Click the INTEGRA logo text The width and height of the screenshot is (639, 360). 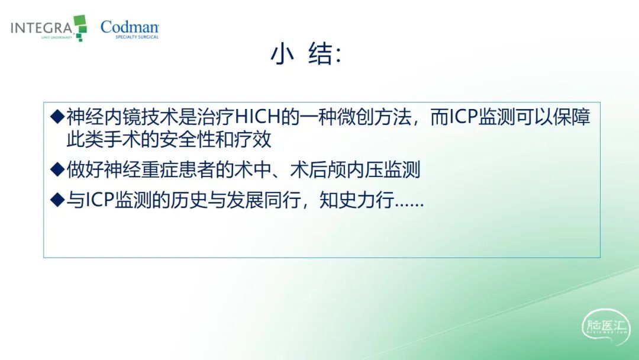point(41,28)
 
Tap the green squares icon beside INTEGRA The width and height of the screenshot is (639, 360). point(80,28)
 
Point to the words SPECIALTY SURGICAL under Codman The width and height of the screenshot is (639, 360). point(137,37)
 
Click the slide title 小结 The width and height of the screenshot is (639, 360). point(306,54)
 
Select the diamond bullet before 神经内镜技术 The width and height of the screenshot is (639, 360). point(57,117)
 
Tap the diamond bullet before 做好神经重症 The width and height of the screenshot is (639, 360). point(57,169)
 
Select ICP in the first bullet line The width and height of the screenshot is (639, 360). point(463,117)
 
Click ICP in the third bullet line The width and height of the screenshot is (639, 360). point(99,200)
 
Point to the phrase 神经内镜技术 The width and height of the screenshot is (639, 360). point(122,117)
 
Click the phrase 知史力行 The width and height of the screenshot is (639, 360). point(357,200)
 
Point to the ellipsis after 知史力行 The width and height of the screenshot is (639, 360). point(409,205)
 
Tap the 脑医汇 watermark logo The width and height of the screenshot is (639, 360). point(606,327)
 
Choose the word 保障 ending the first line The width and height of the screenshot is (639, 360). point(572,117)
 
